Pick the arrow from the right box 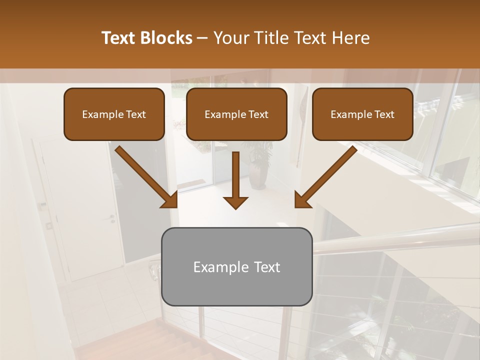pos(326,176)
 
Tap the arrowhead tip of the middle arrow pos(235,207)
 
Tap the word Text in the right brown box pos(384,114)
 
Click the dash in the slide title pos(202,38)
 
